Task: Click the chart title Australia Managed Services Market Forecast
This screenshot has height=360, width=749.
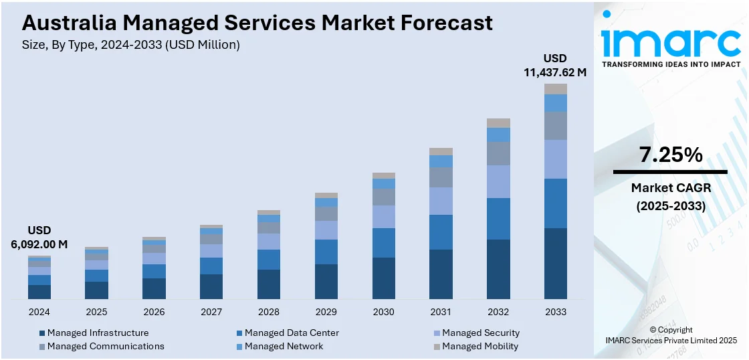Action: (257, 23)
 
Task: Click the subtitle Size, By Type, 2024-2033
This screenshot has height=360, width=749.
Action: (131, 45)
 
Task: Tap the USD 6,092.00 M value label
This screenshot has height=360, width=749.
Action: (39, 238)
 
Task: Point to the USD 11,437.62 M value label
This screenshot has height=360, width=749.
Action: (555, 65)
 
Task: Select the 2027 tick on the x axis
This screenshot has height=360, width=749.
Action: (211, 312)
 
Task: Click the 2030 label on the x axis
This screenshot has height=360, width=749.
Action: (383, 312)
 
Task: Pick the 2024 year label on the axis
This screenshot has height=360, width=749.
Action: (39, 312)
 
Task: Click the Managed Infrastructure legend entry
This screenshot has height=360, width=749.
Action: (98, 333)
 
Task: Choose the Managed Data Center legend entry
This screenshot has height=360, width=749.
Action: (292, 333)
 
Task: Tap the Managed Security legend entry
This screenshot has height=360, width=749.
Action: (480, 333)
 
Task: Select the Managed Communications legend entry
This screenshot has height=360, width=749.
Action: (106, 346)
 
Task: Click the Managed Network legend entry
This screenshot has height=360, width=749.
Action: (284, 346)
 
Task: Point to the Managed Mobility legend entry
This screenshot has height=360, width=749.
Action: (479, 346)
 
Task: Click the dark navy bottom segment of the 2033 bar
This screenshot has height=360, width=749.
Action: (555, 264)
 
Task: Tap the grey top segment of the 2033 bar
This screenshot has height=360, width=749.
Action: (555, 89)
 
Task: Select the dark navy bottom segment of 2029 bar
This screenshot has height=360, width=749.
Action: (326, 282)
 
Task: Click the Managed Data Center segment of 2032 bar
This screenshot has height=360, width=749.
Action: (498, 219)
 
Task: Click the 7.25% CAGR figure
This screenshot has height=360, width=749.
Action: (671, 155)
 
